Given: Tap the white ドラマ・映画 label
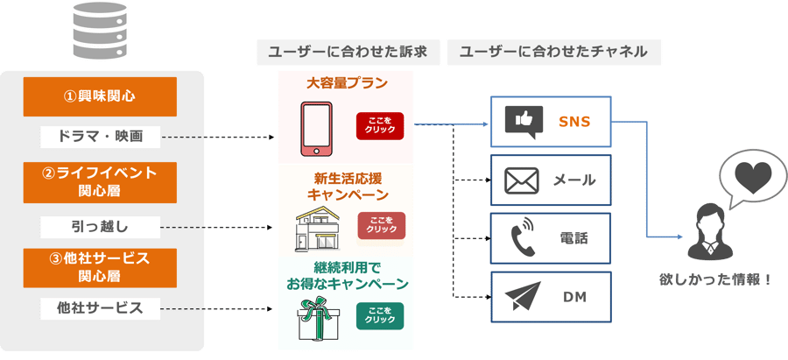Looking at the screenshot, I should tap(102, 137).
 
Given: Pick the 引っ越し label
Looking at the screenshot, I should tap(102, 227).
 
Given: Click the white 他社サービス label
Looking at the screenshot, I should tap(102, 307).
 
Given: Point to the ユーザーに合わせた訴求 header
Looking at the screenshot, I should tap(348, 52).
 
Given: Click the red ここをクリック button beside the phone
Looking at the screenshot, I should tap(380, 126).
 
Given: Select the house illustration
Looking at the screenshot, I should tap(319, 228).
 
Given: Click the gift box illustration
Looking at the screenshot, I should tap(319, 316).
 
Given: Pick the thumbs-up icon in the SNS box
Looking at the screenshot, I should tap(524, 122).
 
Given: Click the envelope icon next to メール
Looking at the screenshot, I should tap(524, 180).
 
